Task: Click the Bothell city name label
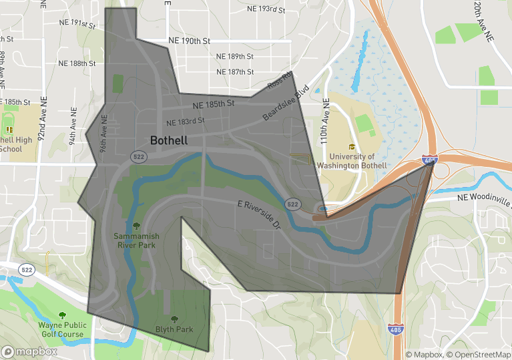169,141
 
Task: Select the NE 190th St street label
190,41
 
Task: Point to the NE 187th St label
235,71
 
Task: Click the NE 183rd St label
186,122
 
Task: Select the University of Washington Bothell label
351,161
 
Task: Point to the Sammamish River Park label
136,240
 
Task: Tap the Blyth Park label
174,329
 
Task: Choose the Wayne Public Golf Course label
61,329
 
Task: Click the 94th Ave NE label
73,118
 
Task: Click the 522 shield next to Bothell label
138,156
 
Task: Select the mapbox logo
29,351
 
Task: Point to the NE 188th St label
77,63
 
